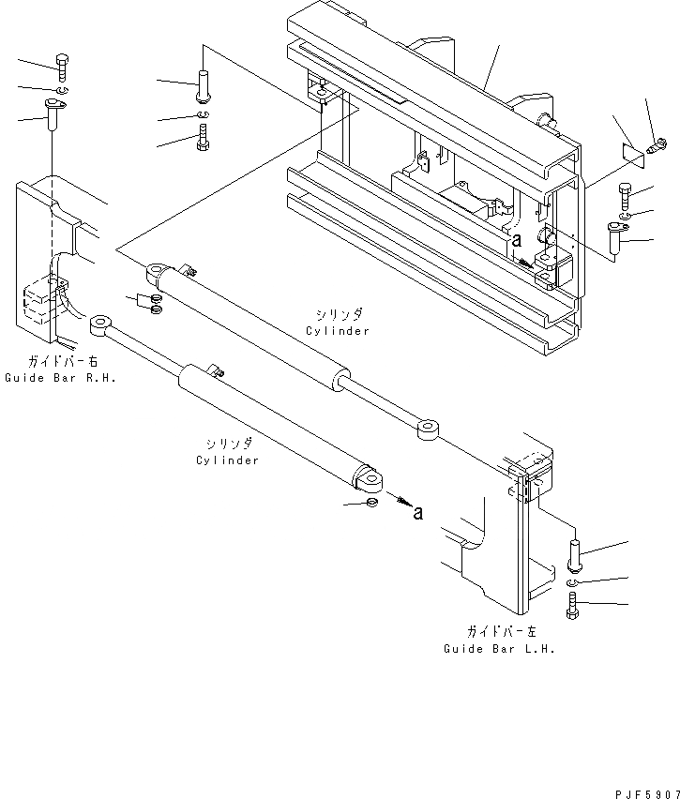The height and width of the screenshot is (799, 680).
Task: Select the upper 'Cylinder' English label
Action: point(337,330)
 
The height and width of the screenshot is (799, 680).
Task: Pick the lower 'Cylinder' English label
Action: point(228,460)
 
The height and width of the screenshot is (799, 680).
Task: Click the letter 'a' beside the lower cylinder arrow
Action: point(418,512)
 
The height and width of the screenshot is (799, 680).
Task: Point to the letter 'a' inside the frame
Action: point(516,241)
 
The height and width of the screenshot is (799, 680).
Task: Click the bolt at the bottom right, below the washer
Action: point(573,606)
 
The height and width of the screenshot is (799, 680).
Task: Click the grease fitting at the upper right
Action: point(658,143)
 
